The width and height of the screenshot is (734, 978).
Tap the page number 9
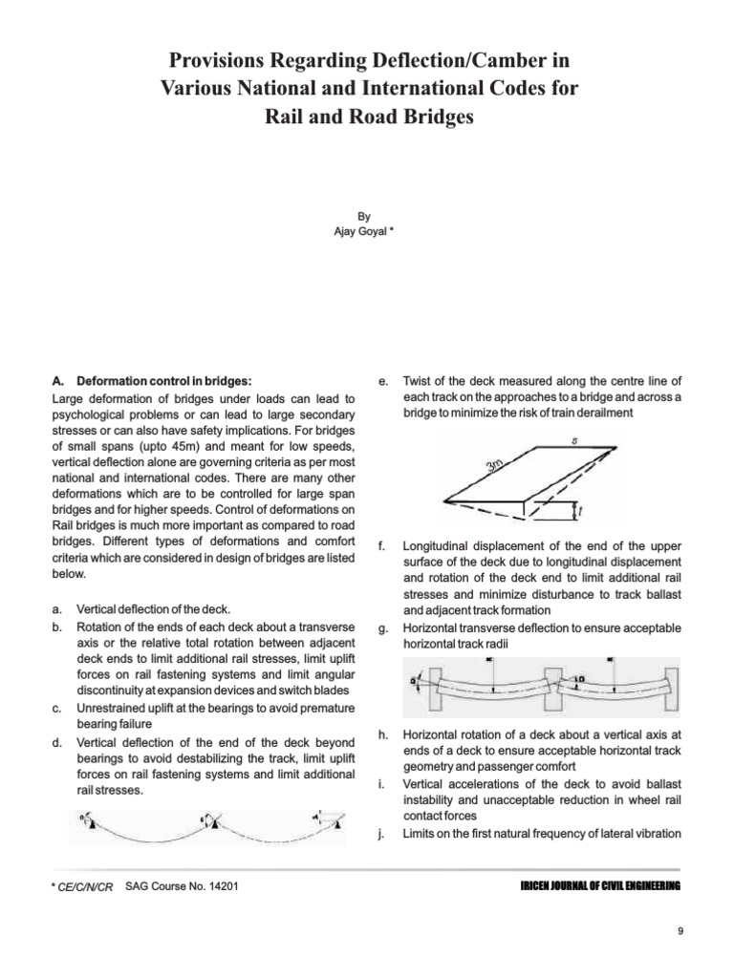680,932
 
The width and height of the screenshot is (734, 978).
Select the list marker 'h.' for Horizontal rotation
382,734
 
